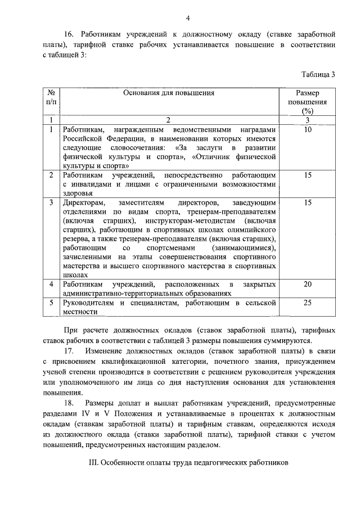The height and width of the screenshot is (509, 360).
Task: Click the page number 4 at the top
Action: coord(188,18)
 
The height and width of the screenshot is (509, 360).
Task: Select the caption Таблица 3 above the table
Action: coord(318,74)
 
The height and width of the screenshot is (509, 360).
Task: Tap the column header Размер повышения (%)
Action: coord(307,102)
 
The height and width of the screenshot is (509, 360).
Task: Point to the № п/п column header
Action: coord(51,97)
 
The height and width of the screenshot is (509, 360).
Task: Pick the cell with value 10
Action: coord(307,129)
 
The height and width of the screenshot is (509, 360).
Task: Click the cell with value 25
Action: coord(307,303)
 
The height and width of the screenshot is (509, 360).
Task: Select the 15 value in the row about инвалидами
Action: coord(307,175)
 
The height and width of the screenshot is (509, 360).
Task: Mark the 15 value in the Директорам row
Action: coord(307,202)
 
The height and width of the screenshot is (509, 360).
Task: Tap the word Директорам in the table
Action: coord(83,202)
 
